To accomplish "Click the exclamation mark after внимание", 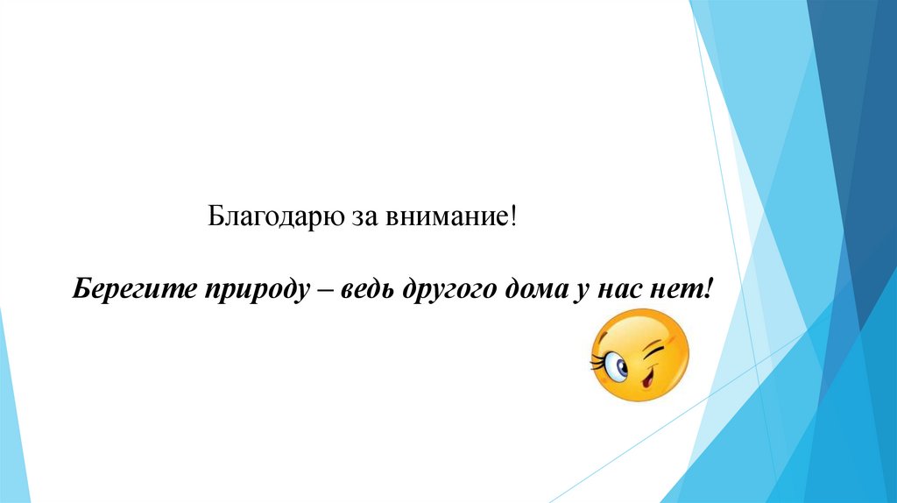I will (x=515, y=216).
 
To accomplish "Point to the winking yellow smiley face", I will (x=640, y=359).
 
